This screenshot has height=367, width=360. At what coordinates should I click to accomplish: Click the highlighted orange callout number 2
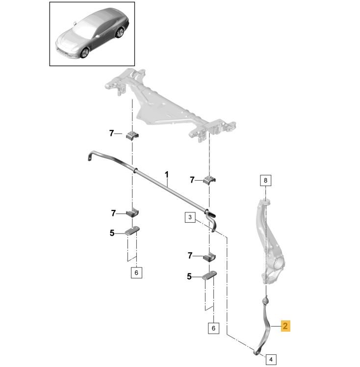[x=285, y=326]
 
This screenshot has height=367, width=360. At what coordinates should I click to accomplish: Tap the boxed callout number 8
[x=265, y=181]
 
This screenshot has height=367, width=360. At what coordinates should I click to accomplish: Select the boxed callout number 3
[x=190, y=217]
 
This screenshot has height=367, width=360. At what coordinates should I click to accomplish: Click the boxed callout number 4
[x=271, y=359]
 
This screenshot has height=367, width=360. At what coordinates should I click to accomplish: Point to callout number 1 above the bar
[x=167, y=175]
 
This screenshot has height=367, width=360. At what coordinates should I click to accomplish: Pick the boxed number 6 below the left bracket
[x=136, y=272]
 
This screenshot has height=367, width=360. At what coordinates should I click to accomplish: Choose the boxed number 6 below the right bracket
[x=213, y=328]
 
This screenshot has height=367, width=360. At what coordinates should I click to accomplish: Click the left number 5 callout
[x=112, y=233]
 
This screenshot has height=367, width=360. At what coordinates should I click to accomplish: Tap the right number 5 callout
[x=189, y=277]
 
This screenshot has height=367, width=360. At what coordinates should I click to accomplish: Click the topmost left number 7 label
[x=111, y=133]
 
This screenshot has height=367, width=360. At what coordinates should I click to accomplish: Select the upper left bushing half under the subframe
[x=132, y=135]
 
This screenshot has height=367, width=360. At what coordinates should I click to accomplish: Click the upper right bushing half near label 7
[x=209, y=180]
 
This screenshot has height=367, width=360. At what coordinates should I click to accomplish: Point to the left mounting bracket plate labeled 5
[x=132, y=231]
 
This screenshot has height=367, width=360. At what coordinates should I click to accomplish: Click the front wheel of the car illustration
[x=84, y=53]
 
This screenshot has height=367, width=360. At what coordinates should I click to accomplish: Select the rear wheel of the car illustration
[x=120, y=32]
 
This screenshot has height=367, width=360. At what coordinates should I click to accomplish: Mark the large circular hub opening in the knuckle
[x=279, y=263]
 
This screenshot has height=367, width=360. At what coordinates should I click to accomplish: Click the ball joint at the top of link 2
[x=266, y=300]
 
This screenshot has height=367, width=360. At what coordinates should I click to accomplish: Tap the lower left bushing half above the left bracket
[x=132, y=212]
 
